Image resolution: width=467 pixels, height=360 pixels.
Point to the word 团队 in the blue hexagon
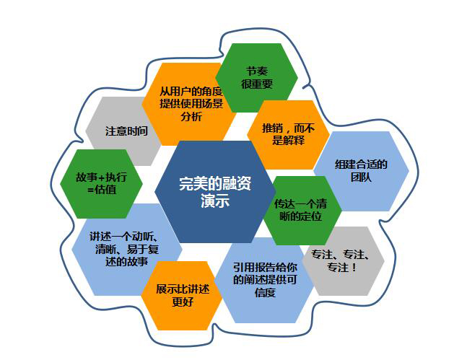click(361, 177)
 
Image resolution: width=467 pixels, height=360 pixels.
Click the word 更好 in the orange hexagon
click(178, 302)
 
